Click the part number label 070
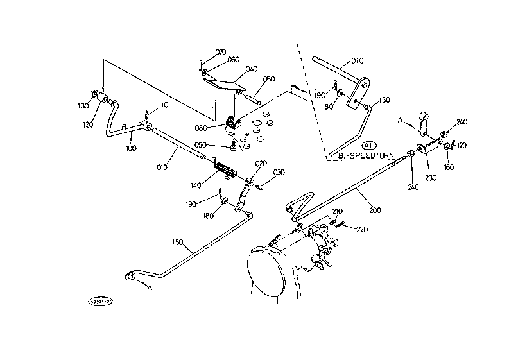[220, 52]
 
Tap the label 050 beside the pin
[269, 79]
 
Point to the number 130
[83, 106]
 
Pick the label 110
[162, 105]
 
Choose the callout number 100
[132, 148]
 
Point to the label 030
[279, 171]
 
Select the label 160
[447, 166]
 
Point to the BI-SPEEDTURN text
[363, 155]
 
